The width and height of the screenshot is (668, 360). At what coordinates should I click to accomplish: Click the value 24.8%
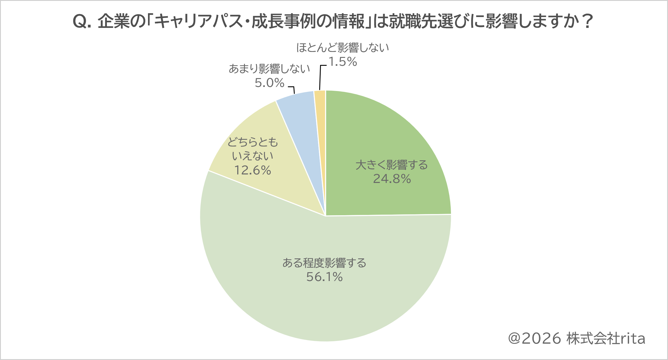tap(392, 179)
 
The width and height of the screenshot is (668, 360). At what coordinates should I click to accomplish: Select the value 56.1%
tap(324, 277)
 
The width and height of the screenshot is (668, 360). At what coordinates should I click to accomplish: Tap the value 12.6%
tap(253, 170)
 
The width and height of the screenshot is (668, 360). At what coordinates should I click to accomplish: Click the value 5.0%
tap(270, 83)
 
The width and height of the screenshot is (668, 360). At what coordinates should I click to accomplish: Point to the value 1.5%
tap(343, 62)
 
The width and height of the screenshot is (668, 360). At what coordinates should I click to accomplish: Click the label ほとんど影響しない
tap(343, 48)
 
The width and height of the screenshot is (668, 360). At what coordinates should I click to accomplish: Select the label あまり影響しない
tap(269, 69)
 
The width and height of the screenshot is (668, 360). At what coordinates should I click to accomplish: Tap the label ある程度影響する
tap(324, 263)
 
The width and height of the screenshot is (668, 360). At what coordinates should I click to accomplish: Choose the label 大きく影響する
tap(392, 165)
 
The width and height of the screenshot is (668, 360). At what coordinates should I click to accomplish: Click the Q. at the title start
tap(82, 22)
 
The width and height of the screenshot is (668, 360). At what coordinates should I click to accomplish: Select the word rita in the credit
tap(633, 339)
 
